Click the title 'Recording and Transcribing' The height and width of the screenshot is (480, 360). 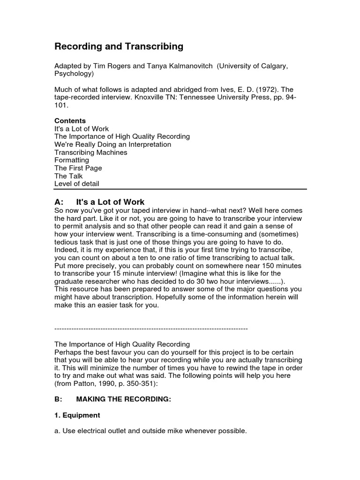pyautogui.click(x=119, y=46)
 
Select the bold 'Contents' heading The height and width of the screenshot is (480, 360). pyautogui.click(x=70, y=120)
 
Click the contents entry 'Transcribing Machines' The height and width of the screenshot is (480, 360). pyautogui.click(x=91, y=152)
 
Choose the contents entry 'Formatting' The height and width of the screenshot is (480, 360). pyautogui.click(x=72, y=160)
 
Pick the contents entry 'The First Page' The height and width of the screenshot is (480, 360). pyautogui.click(x=78, y=168)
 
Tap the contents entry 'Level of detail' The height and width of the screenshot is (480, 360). pyautogui.click(x=77, y=184)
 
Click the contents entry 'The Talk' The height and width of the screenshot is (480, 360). pyautogui.click(x=68, y=176)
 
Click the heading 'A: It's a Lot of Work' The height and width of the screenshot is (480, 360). pyautogui.click(x=100, y=202)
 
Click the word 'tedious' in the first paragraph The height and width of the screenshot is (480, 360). pyautogui.click(x=66, y=241)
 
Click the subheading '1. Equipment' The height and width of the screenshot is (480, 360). pyautogui.click(x=77, y=415)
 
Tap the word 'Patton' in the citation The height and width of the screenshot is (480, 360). pyautogui.click(x=85, y=384)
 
